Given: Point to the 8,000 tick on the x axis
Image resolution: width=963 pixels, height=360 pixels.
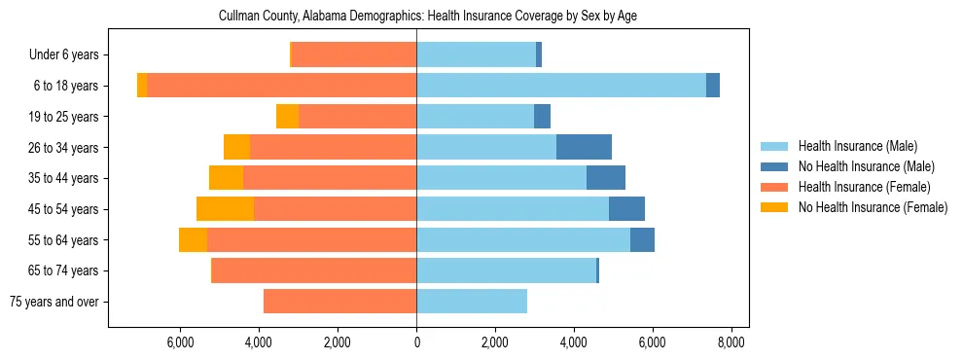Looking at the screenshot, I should point(731,342).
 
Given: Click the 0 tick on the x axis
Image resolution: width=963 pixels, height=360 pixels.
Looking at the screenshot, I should point(416,342).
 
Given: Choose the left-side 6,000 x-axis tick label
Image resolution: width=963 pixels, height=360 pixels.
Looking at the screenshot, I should point(181,342).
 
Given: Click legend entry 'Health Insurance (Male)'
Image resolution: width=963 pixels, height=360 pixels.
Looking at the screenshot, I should point(857,146).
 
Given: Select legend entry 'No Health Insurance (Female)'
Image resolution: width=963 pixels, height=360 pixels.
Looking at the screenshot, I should point(873,207).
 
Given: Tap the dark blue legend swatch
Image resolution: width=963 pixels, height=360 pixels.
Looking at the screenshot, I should point(774,166).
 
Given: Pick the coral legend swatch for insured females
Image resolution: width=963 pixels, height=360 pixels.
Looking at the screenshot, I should point(774,187).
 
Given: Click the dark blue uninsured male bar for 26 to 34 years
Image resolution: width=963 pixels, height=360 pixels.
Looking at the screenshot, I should point(584,147).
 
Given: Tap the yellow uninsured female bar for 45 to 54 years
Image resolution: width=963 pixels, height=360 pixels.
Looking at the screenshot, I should point(225,209).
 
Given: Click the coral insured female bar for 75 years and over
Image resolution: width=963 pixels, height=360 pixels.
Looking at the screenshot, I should point(339,302).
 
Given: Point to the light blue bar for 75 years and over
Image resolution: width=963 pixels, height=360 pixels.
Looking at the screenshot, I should point(472,302).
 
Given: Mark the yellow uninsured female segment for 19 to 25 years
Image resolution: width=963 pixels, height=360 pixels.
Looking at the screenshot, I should point(287,117).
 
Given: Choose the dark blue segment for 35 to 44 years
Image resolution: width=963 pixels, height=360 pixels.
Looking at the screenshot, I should point(606,178).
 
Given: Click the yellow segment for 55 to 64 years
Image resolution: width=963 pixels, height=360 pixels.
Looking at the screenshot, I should point(193,239).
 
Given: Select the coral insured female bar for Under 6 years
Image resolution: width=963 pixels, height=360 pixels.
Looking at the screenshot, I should point(354,55).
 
